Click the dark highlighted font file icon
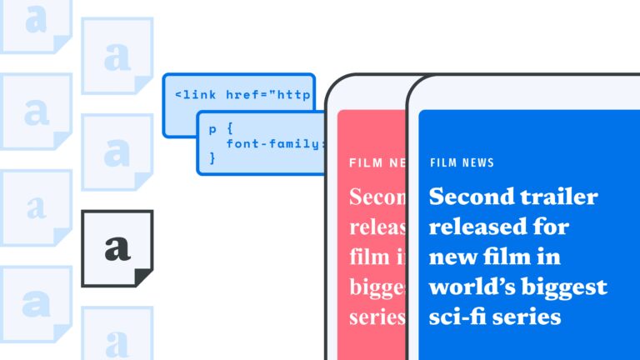(x=117, y=248)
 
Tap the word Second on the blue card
(x=466, y=197)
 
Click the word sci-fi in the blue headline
(x=461, y=317)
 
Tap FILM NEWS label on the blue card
(x=462, y=162)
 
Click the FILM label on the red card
(x=364, y=162)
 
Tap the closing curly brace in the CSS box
(x=212, y=157)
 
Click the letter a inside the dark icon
(x=117, y=247)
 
